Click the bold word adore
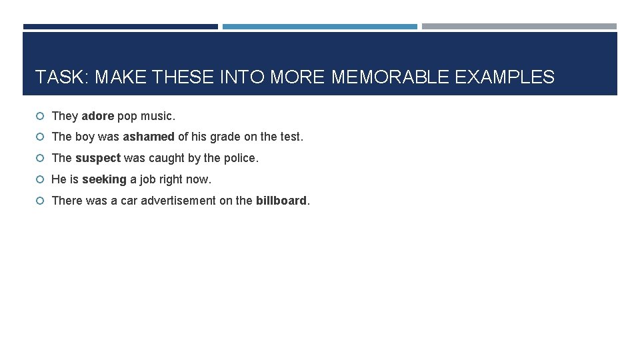tap(98, 116)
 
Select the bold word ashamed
tap(149, 137)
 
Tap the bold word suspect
tap(98, 158)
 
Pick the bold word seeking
tap(104, 179)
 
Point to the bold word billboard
tap(281, 200)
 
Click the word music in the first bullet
tap(160, 116)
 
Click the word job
tap(147, 179)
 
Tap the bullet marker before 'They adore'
tap(41, 117)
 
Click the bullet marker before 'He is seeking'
tap(41, 180)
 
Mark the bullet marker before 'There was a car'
tap(41, 201)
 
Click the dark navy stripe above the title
tap(120, 27)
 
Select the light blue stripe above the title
tap(319, 27)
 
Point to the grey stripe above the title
tap(519, 27)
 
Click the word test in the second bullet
tap(290, 137)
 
